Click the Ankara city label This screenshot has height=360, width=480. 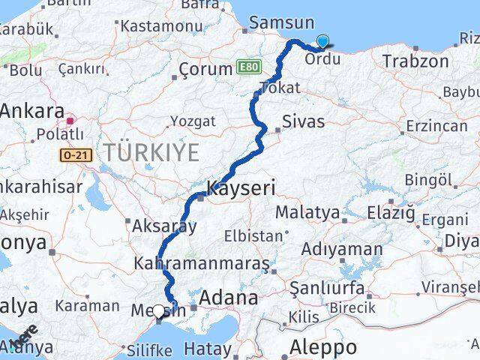pos(32,111)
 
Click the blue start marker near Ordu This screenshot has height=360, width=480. pos(323,42)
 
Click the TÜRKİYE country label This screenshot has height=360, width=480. pos(152,153)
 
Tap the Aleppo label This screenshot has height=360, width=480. pos(323,347)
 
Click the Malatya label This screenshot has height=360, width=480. pos(307,212)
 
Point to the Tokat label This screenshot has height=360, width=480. pos(279,88)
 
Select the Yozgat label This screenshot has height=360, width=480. pos(193,121)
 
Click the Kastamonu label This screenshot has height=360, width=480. pos(156,25)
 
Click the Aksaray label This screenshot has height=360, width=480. pos(164,225)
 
